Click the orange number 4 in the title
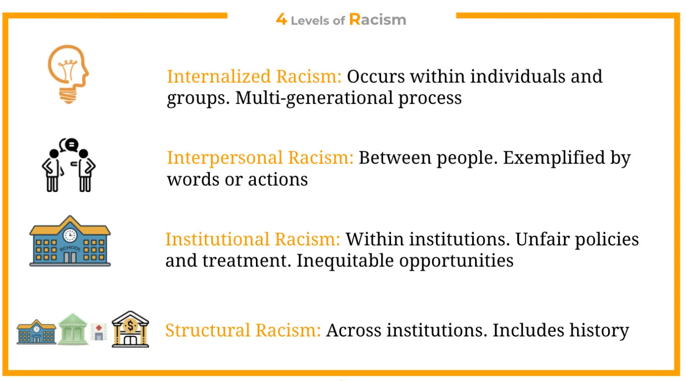[281, 19]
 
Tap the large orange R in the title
[355, 19]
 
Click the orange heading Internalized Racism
[254, 76]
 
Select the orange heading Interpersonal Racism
[260, 158]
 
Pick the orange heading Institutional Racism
[253, 239]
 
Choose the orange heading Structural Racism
[243, 331]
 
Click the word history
[599, 331]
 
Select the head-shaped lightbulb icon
[69, 74]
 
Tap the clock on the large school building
[70, 236]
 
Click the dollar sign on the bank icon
[131, 326]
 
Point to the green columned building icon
[73, 329]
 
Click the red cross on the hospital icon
[99, 328]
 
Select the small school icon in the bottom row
[36, 332]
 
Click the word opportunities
[457, 261]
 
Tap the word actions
[278, 180]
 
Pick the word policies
[607, 239]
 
